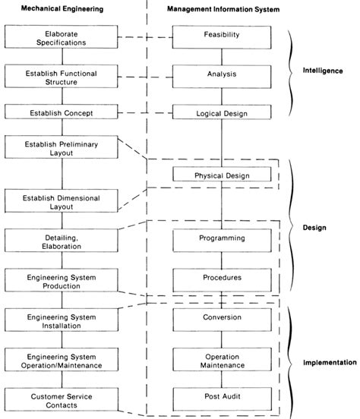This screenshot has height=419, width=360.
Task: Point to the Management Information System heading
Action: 223,10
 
